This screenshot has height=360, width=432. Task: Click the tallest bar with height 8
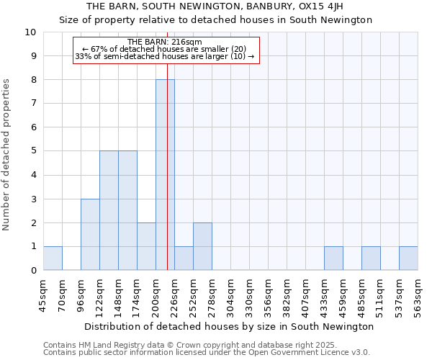[165, 175]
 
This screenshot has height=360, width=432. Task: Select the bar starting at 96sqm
[90, 235]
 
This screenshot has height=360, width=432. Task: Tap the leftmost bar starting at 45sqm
[53, 258]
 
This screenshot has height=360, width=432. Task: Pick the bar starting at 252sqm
[202, 247]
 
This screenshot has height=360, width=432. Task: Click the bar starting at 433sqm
[333, 258]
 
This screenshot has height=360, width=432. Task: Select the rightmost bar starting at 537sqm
[408, 258]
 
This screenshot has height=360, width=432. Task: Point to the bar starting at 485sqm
[371, 258]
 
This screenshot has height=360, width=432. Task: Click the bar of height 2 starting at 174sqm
[146, 247]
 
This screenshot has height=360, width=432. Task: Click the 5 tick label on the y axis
[33, 151]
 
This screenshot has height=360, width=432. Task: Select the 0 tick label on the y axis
[33, 271]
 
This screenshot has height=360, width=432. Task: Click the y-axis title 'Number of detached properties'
[6, 155]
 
